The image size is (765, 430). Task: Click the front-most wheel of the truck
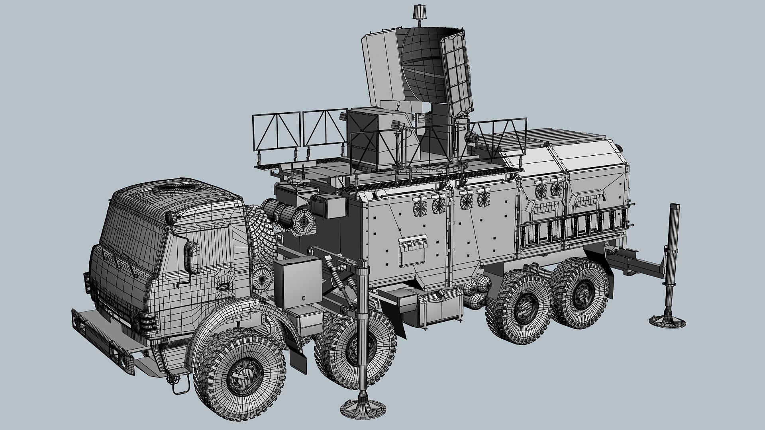(242, 374)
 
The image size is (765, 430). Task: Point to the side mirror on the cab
(193, 258)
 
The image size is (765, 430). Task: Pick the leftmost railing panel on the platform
(276, 132)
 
